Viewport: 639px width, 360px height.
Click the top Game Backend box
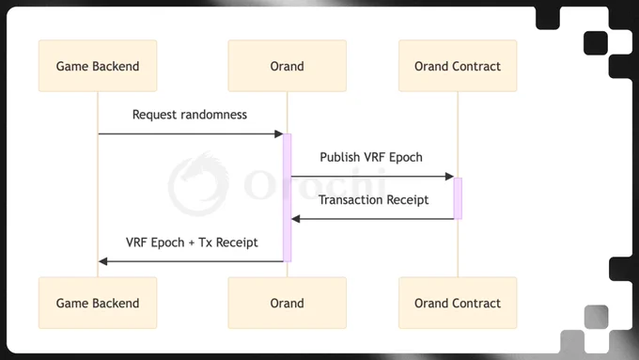tap(98, 66)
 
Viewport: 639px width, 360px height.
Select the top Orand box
tap(288, 66)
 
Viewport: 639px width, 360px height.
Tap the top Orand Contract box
tap(458, 66)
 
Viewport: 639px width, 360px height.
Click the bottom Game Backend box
tap(98, 303)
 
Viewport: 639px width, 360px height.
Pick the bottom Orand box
tap(288, 303)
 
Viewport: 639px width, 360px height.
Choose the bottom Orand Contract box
tap(458, 303)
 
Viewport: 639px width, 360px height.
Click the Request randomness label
tap(190, 115)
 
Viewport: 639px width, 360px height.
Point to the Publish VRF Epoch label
tap(371, 157)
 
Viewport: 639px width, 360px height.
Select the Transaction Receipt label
tap(373, 200)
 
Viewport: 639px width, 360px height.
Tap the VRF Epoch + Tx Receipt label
tap(192, 243)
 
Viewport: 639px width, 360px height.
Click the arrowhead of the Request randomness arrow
tap(279, 133)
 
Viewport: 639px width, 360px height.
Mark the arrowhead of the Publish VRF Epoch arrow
tap(449, 177)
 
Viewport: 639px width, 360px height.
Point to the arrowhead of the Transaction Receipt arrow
tap(296, 219)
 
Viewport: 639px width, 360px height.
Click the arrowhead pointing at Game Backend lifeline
tap(103, 261)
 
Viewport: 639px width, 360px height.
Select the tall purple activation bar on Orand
tap(288, 197)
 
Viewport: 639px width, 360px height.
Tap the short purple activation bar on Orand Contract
tap(458, 198)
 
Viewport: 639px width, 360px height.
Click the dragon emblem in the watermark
tap(198, 184)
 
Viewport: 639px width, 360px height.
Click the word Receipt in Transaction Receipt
tap(407, 200)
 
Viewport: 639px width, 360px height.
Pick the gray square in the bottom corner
tap(596, 317)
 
